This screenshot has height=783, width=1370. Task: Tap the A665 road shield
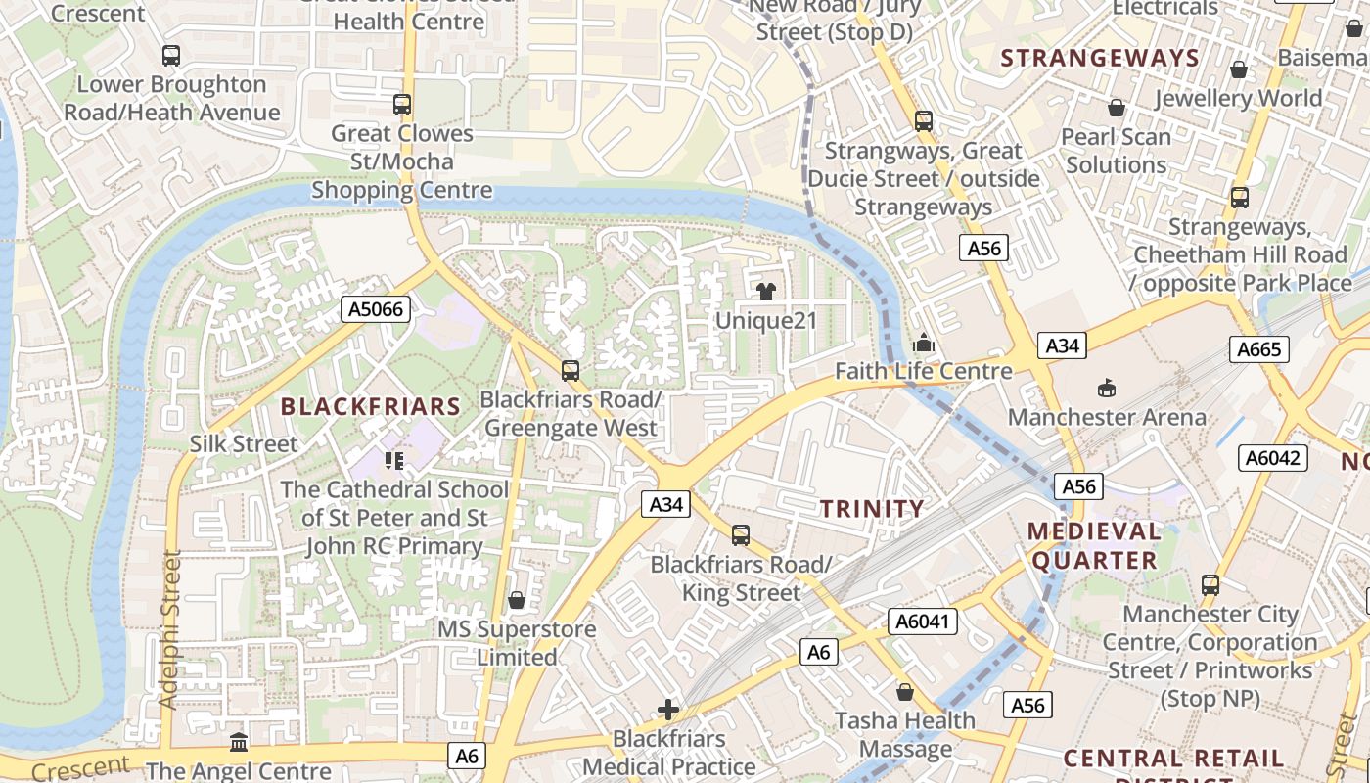click(x=1259, y=349)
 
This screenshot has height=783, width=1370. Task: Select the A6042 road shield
click(x=1273, y=457)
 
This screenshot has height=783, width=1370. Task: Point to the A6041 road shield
click(x=924, y=621)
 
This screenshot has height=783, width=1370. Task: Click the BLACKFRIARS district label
click(x=370, y=406)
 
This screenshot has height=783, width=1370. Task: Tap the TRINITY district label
click(x=872, y=508)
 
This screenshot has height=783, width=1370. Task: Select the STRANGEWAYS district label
click(x=1100, y=58)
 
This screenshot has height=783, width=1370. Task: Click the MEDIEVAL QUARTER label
click(x=1094, y=546)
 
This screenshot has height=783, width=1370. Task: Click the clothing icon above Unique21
click(x=765, y=291)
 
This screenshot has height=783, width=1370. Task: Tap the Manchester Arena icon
click(x=1107, y=389)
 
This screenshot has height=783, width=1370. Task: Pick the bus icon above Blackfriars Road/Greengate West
click(x=571, y=371)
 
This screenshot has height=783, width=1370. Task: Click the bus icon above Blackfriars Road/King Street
click(x=741, y=535)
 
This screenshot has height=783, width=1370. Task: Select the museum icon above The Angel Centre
click(x=239, y=743)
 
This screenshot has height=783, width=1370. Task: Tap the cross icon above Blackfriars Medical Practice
click(x=668, y=710)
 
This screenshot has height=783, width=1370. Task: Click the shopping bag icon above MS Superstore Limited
click(x=516, y=600)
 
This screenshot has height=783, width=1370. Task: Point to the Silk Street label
click(x=244, y=443)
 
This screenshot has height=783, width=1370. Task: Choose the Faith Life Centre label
click(x=923, y=371)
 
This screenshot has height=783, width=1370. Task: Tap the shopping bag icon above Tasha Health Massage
click(x=905, y=692)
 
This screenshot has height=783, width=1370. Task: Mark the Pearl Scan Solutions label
click(x=1116, y=151)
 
